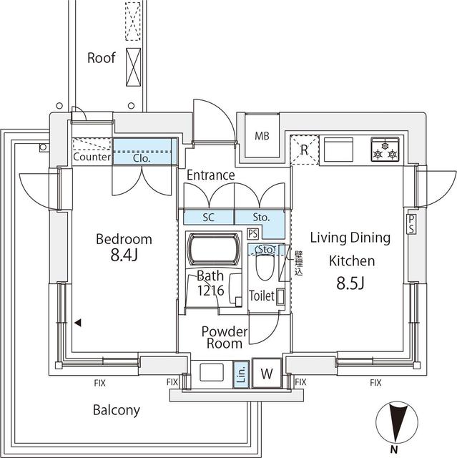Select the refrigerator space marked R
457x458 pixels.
[x=304, y=150]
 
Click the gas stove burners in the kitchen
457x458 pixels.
[x=386, y=151]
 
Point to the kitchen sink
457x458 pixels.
[x=339, y=150]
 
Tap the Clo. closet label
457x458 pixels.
[x=142, y=158]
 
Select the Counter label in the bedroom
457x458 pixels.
[x=92, y=157]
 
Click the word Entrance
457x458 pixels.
[x=211, y=175]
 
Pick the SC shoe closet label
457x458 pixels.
[x=210, y=217]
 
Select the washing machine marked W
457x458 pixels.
[x=267, y=373]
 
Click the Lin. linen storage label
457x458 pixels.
[x=240, y=373]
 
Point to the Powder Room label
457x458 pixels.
[x=224, y=337]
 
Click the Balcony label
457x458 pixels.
[x=117, y=411]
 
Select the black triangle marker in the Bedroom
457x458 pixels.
[x=78, y=323]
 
